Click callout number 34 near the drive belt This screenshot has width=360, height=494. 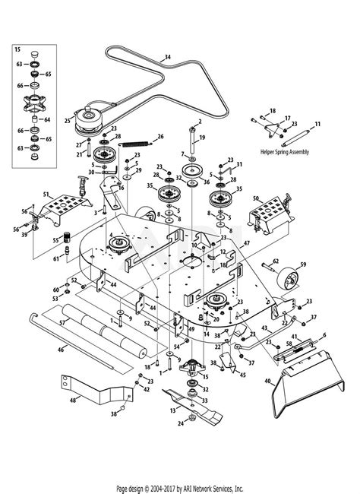coord(168,56)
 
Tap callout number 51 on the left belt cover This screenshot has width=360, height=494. coord(46,195)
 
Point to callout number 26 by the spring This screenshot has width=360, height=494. coord(160,137)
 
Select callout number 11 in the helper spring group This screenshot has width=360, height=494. coord(317,123)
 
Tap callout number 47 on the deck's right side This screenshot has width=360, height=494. coord(246,243)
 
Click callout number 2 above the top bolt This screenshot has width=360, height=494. coord(200,121)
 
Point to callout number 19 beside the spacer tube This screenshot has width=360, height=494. coord(201,138)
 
